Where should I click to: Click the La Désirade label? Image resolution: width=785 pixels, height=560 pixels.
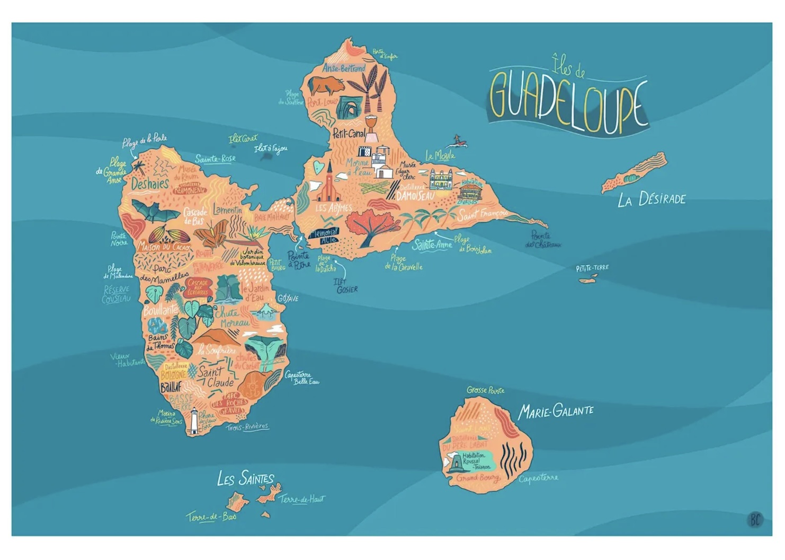(x=652, y=199)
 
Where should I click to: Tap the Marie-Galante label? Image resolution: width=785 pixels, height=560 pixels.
(x=556, y=411)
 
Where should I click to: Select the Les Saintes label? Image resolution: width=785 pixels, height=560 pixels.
(x=245, y=478)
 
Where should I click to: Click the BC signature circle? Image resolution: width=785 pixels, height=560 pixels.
(x=755, y=519)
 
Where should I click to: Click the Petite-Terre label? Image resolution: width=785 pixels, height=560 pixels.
(x=592, y=268)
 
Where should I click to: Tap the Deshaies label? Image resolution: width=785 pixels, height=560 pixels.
(x=150, y=184)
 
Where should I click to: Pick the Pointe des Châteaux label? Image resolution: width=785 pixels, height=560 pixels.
(x=543, y=240)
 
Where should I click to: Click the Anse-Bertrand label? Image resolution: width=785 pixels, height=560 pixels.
(x=344, y=68)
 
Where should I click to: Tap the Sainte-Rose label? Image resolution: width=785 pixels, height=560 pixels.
(x=215, y=159)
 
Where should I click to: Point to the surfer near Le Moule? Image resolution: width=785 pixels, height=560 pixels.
(x=457, y=141)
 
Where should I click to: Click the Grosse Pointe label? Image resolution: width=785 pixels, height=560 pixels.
(x=485, y=390)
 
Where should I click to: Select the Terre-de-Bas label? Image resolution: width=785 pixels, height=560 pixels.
(x=211, y=517)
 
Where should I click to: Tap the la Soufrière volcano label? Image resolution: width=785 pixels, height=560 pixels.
(x=217, y=351)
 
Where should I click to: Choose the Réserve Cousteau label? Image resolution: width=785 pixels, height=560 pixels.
(x=117, y=294)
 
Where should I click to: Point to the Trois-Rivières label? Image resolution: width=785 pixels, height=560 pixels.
(x=247, y=427)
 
